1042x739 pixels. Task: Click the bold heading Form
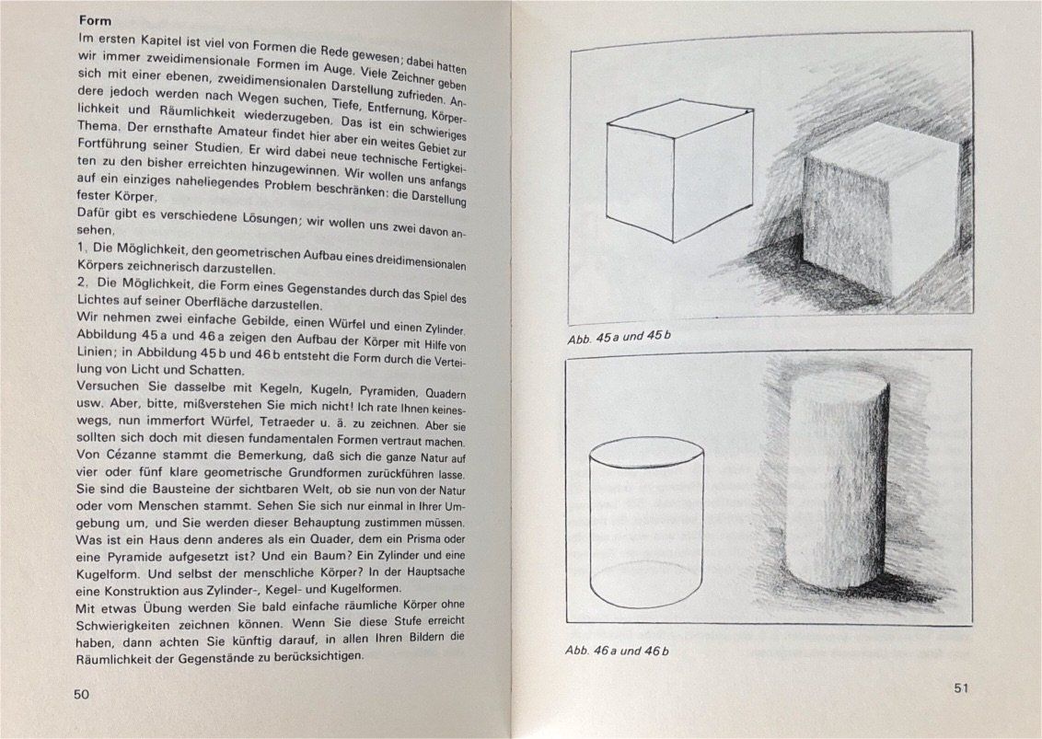click(95, 20)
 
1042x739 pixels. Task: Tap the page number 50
click(81, 695)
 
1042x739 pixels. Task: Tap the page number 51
click(961, 688)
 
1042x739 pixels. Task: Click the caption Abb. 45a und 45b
click(619, 338)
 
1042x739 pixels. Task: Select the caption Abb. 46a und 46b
click(617, 651)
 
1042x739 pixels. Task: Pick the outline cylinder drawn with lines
click(646, 522)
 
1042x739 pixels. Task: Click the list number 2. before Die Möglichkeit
click(83, 283)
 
